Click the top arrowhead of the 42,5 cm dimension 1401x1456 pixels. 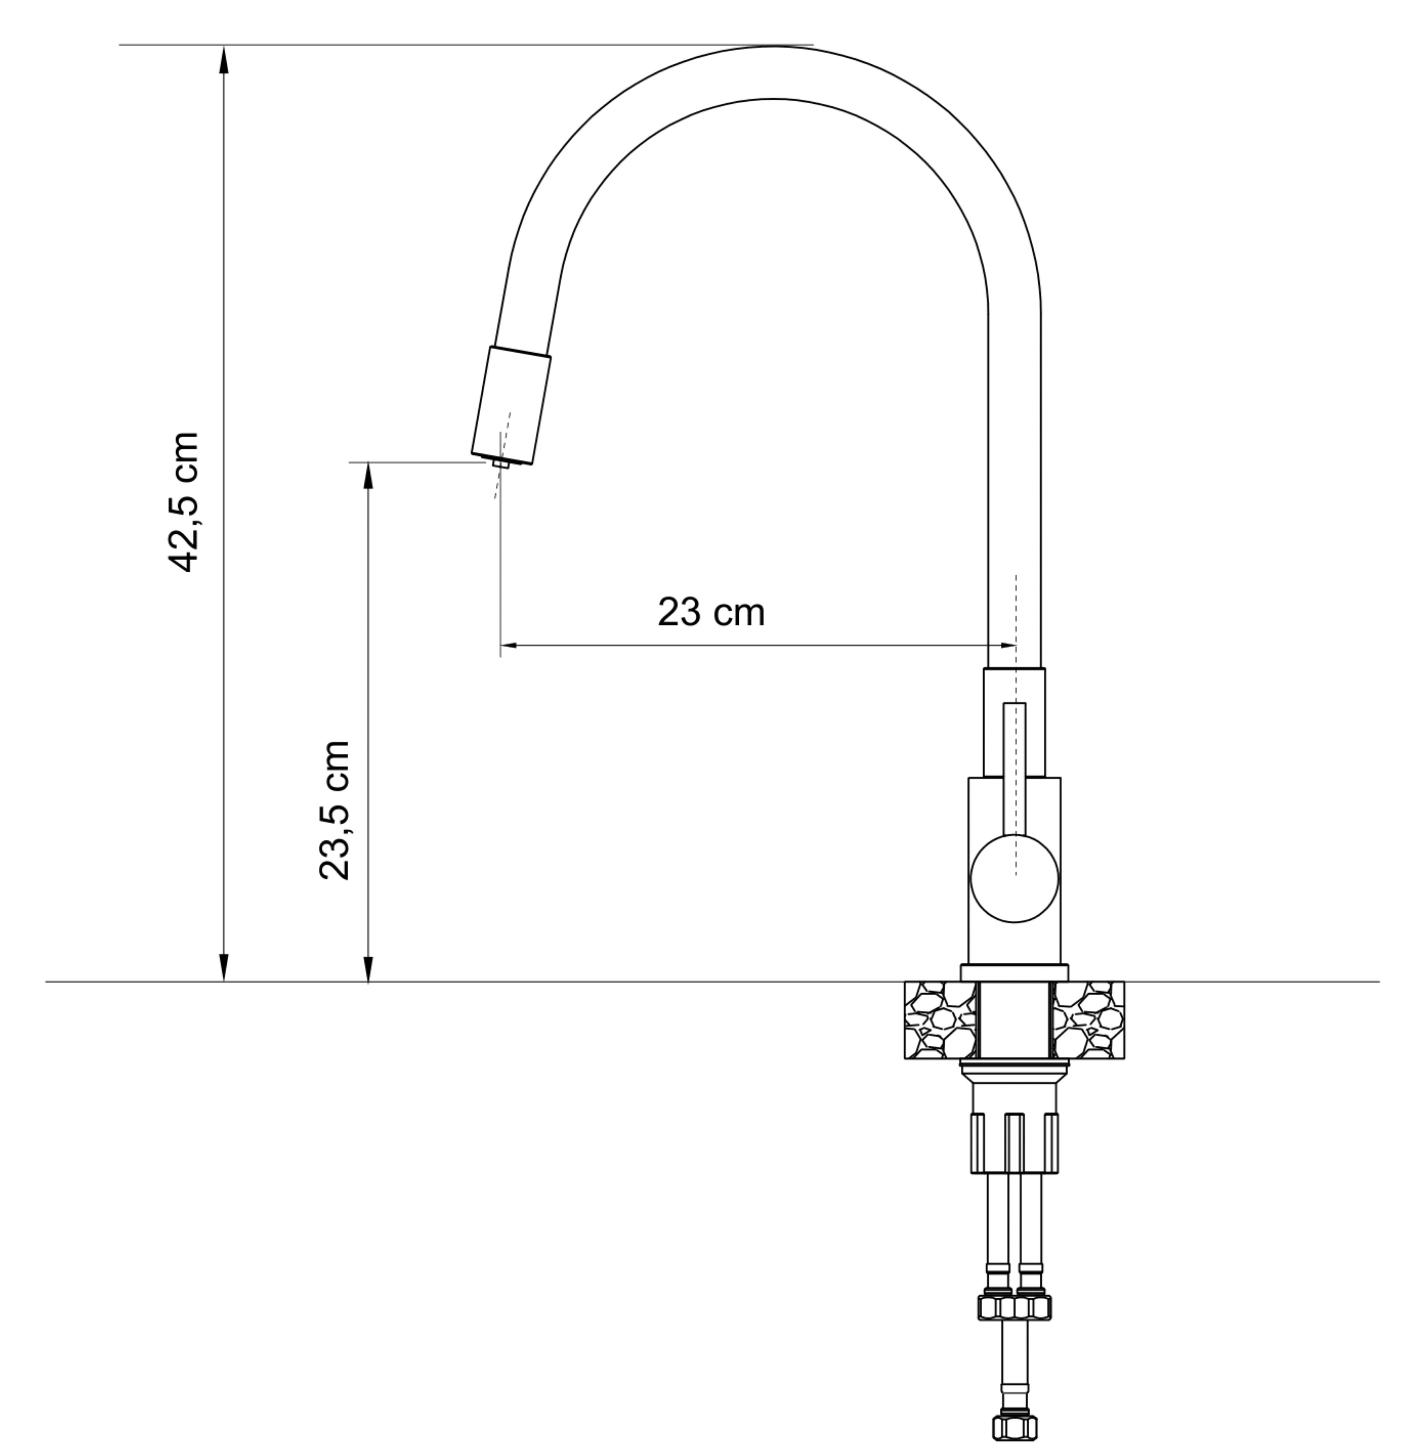coord(224,59)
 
